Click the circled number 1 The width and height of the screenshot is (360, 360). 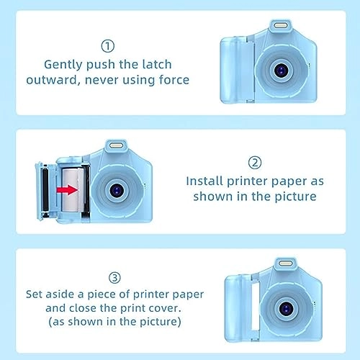[x=107, y=47]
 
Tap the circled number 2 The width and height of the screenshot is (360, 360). [x=255, y=162]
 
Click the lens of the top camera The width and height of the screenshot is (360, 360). [x=281, y=70]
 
